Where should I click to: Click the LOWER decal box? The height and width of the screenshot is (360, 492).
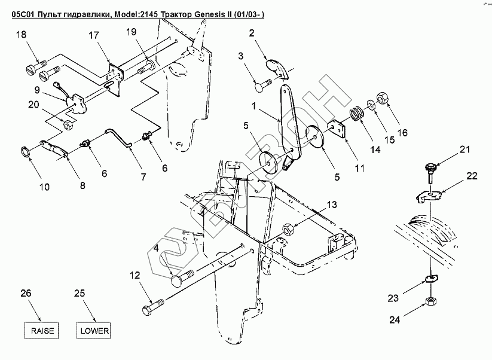[x=94, y=330]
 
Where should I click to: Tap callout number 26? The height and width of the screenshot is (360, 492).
[x=25, y=293]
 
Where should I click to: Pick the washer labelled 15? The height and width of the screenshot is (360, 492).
[x=371, y=105]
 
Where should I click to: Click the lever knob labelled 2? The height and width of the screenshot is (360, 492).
[x=277, y=67]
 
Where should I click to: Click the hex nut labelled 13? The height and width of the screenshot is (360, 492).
[x=288, y=227]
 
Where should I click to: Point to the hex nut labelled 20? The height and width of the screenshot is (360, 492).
[x=68, y=125]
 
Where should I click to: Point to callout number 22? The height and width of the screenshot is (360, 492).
[x=472, y=176]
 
